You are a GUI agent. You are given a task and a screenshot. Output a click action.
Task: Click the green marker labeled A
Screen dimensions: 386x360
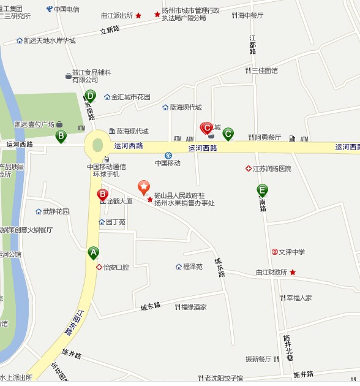point(93,252)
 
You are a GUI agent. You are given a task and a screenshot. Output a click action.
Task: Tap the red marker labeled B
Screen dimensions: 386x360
point(103,195)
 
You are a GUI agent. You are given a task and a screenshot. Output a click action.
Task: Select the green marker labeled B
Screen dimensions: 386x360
point(61,135)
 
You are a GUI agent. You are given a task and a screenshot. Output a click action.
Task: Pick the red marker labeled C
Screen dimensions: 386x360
point(207,128)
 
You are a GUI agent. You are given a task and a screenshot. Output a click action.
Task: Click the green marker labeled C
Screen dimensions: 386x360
point(228,133)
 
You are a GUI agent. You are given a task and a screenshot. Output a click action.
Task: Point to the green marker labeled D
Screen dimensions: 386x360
point(90,96)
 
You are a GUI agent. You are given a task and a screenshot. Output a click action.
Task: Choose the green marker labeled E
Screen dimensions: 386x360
point(262,190)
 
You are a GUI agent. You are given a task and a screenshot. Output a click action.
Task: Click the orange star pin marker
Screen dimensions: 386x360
point(143,186)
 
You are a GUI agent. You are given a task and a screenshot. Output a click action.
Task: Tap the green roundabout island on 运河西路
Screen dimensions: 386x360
point(97,145)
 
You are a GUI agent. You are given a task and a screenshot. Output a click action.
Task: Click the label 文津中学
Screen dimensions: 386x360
point(291,252)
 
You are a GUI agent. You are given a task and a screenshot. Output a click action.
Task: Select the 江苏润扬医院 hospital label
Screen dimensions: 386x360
point(271,168)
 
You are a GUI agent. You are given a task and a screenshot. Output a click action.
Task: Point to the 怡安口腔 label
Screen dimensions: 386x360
point(116,267)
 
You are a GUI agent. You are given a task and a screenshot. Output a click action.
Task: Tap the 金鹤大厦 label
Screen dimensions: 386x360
point(119,200)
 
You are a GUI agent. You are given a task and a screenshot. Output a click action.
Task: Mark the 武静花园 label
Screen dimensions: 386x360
point(56,212)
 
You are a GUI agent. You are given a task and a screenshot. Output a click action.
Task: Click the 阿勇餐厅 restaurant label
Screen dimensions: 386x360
point(268,137)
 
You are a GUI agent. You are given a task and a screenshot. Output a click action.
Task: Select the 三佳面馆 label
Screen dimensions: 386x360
point(264,70)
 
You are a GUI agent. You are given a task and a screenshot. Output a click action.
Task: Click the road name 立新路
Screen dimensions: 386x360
point(110,29)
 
